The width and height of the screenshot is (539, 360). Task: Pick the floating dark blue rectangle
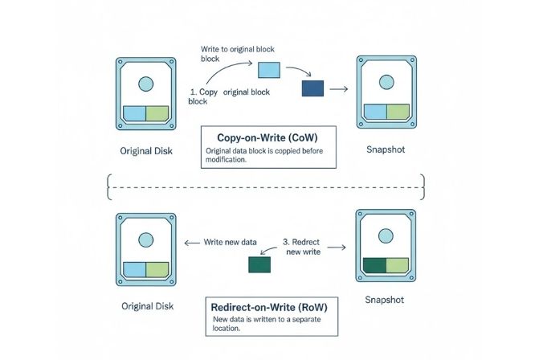312,88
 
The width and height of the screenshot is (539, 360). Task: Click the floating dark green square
260,265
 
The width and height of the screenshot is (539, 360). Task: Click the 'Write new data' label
231,242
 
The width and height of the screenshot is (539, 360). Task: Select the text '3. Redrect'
303,242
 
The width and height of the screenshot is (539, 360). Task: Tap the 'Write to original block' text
235,50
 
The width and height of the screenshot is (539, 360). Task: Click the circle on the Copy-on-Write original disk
145,84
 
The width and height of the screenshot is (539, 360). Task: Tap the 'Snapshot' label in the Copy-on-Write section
386,149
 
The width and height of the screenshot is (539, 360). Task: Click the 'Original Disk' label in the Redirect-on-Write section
147,306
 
